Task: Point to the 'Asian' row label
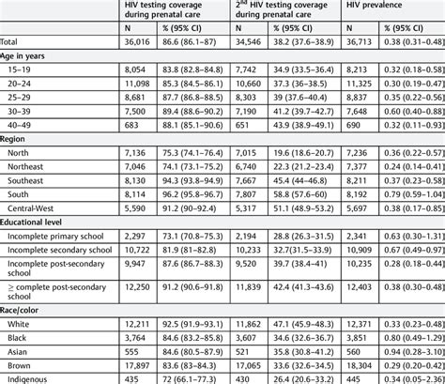pyautogui.click(x=21, y=350)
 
